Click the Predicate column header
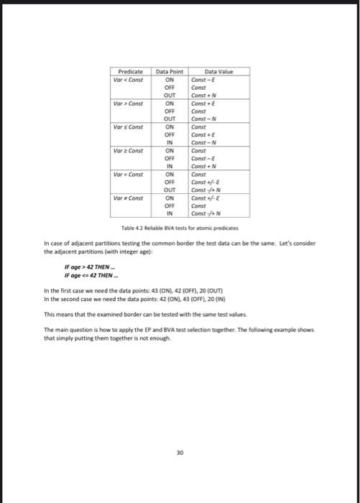click(x=129, y=72)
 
